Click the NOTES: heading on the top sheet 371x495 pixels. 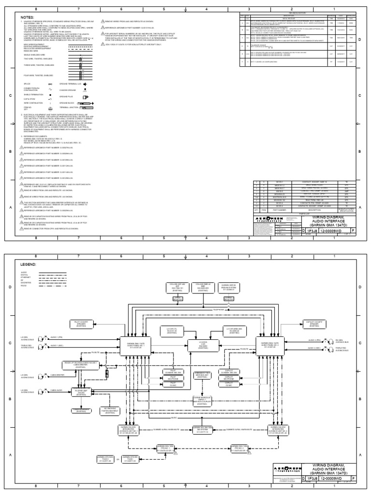28,17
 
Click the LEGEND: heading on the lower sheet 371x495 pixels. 28,265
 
